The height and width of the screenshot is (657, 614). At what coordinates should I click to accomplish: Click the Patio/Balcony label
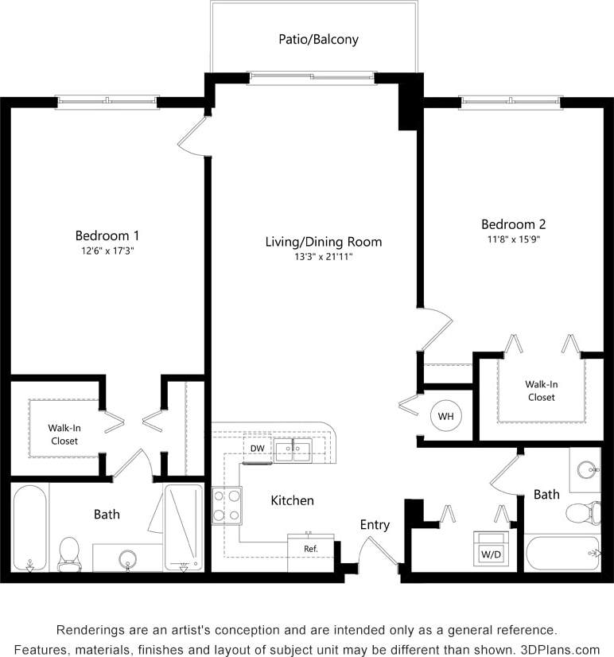coord(318,39)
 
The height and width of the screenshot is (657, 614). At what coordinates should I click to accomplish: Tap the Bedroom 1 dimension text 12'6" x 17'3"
coord(107,250)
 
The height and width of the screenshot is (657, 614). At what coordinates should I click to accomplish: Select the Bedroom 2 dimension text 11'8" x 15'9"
coord(513,239)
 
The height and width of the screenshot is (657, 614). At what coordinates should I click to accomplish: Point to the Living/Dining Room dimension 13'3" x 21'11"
coord(324,256)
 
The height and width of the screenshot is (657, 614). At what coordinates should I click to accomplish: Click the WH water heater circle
coord(445,416)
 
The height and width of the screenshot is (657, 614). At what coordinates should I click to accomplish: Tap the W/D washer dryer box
coord(488,550)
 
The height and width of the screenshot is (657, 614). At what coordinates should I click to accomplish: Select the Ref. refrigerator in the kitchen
coord(311,548)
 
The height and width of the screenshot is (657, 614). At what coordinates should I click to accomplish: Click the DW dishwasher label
coord(257,449)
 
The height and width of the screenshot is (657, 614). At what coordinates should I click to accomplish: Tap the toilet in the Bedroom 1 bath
coord(69,550)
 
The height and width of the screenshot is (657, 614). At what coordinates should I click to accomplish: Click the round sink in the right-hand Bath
coord(588,468)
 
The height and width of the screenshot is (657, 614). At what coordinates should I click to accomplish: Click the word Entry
coord(375,525)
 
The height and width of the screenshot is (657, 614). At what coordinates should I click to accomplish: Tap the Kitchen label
coord(292,500)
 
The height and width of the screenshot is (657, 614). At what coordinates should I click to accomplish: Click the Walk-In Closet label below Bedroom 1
coord(65,434)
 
